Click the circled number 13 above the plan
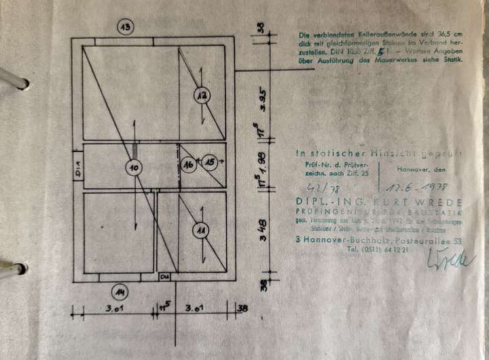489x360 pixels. coord(124,28)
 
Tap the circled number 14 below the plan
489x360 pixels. coord(120,293)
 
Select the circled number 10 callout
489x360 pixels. coord(134,166)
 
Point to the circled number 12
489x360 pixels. coord(202,96)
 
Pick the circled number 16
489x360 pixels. coord(189,164)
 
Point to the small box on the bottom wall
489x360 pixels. coord(164,277)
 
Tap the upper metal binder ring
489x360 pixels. coord(14,79)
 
